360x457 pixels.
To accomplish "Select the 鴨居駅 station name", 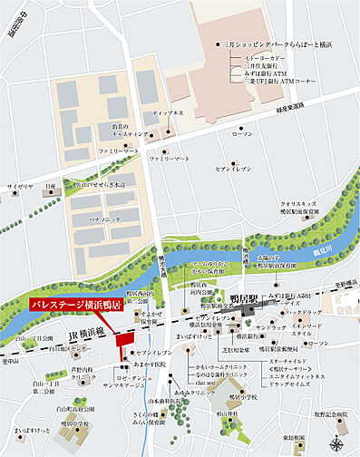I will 245,297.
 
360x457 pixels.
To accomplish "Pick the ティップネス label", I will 170,114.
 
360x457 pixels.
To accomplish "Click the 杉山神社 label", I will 239,412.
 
